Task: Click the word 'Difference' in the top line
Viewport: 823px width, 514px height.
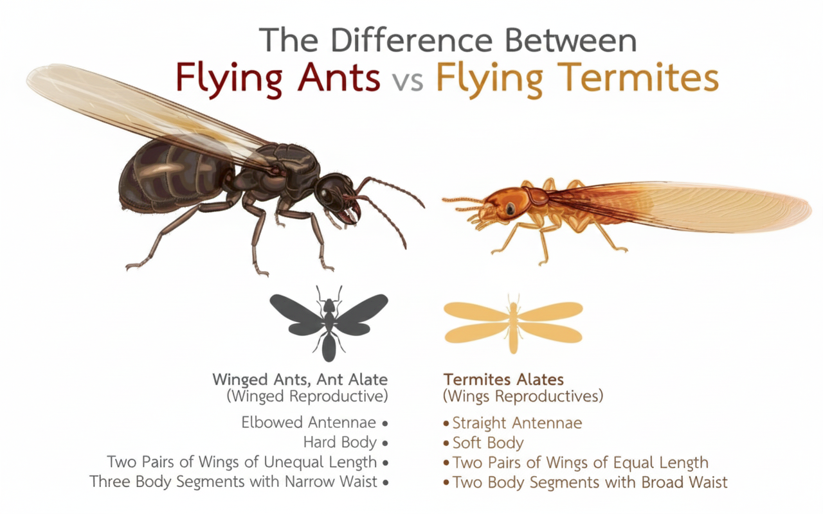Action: tap(415, 40)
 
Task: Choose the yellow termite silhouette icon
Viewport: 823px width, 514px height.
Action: tap(513, 321)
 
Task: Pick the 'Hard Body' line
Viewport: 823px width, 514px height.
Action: tap(340, 442)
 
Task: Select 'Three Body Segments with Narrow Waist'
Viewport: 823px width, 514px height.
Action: tap(233, 481)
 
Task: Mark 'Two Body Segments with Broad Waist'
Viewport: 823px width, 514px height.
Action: tap(590, 481)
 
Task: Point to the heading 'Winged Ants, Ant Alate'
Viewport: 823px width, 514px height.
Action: tap(301, 379)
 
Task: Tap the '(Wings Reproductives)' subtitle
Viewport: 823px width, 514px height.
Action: tap(523, 396)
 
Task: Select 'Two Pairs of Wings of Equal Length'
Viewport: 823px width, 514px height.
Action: tap(580, 462)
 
